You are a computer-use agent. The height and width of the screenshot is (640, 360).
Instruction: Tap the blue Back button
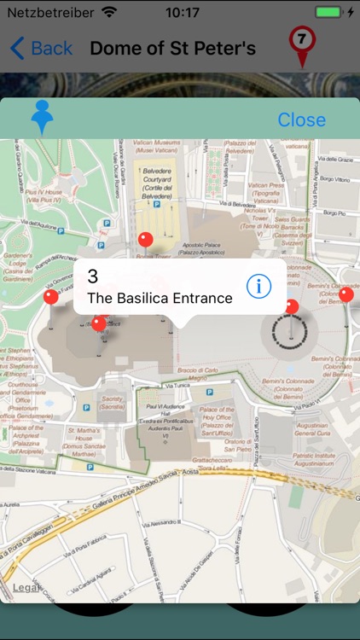[41, 48]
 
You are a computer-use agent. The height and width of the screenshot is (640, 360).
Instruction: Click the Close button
[301, 119]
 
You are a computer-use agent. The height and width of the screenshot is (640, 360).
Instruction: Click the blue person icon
[42, 118]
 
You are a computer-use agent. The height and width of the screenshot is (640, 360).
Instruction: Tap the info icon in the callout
[258, 287]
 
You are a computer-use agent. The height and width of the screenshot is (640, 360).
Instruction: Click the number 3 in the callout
[93, 276]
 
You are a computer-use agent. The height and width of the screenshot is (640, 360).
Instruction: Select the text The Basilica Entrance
[160, 298]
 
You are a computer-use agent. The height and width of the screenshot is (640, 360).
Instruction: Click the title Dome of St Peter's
[173, 48]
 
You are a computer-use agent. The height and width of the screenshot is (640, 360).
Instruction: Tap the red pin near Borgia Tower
[146, 239]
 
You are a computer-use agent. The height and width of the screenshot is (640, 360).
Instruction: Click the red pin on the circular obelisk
[292, 306]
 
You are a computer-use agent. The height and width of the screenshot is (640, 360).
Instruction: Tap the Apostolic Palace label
[206, 248]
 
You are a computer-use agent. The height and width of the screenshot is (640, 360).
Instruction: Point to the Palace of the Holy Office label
[218, 422]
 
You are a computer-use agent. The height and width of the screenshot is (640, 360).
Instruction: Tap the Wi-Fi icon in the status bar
[109, 13]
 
